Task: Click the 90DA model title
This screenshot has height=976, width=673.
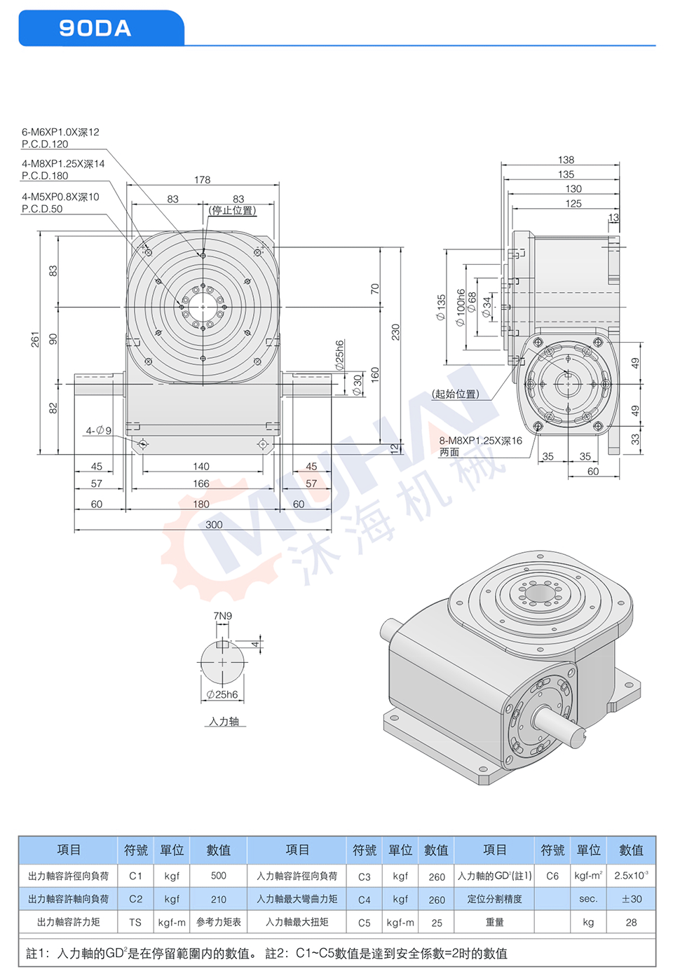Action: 95,28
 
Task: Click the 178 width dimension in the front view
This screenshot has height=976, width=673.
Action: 202,179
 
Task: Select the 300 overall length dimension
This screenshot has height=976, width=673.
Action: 214,525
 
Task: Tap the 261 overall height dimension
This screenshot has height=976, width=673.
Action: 35,339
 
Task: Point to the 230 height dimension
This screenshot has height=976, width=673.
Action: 395,332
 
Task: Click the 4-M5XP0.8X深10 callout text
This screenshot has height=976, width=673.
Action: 60,197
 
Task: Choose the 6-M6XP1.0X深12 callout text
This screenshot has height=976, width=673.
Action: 60,132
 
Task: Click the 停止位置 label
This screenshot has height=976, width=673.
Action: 232,210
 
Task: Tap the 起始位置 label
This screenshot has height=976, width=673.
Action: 456,394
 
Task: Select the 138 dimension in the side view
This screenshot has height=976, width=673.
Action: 566,160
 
